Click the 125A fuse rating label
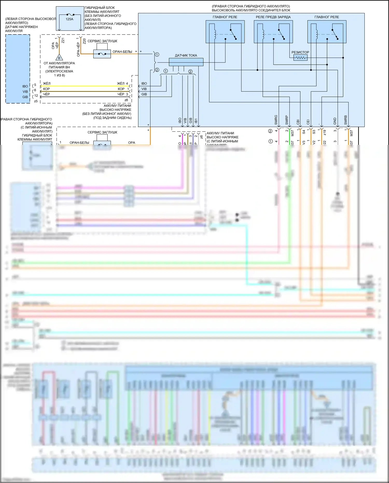pyautogui.click(x=69, y=19)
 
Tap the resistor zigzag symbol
pyautogui.click(x=301, y=58)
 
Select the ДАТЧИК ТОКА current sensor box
pyautogui.click(x=186, y=62)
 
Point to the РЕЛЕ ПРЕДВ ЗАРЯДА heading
pyautogui.click(x=273, y=17)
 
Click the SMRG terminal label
pyautogui.click(x=276, y=120)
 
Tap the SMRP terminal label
pyautogui.click(x=287, y=120)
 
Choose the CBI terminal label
pyautogui.click(x=298, y=122)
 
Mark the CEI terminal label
pyautogui.click(x=308, y=122)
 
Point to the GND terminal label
pyautogui.click(x=335, y=121)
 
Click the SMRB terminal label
pyautogui.click(x=345, y=120)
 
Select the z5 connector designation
pyautogui.click(x=36, y=101)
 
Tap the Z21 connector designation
pyautogui.click(x=63, y=40)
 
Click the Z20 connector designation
pyautogui.click(x=84, y=41)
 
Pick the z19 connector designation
pyautogui.click(x=324, y=133)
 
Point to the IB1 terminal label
pyautogui.click(x=196, y=121)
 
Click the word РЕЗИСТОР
pyautogui.click(x=300, y=52)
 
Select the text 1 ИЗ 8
pyautogui.click(x=59, y=75)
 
